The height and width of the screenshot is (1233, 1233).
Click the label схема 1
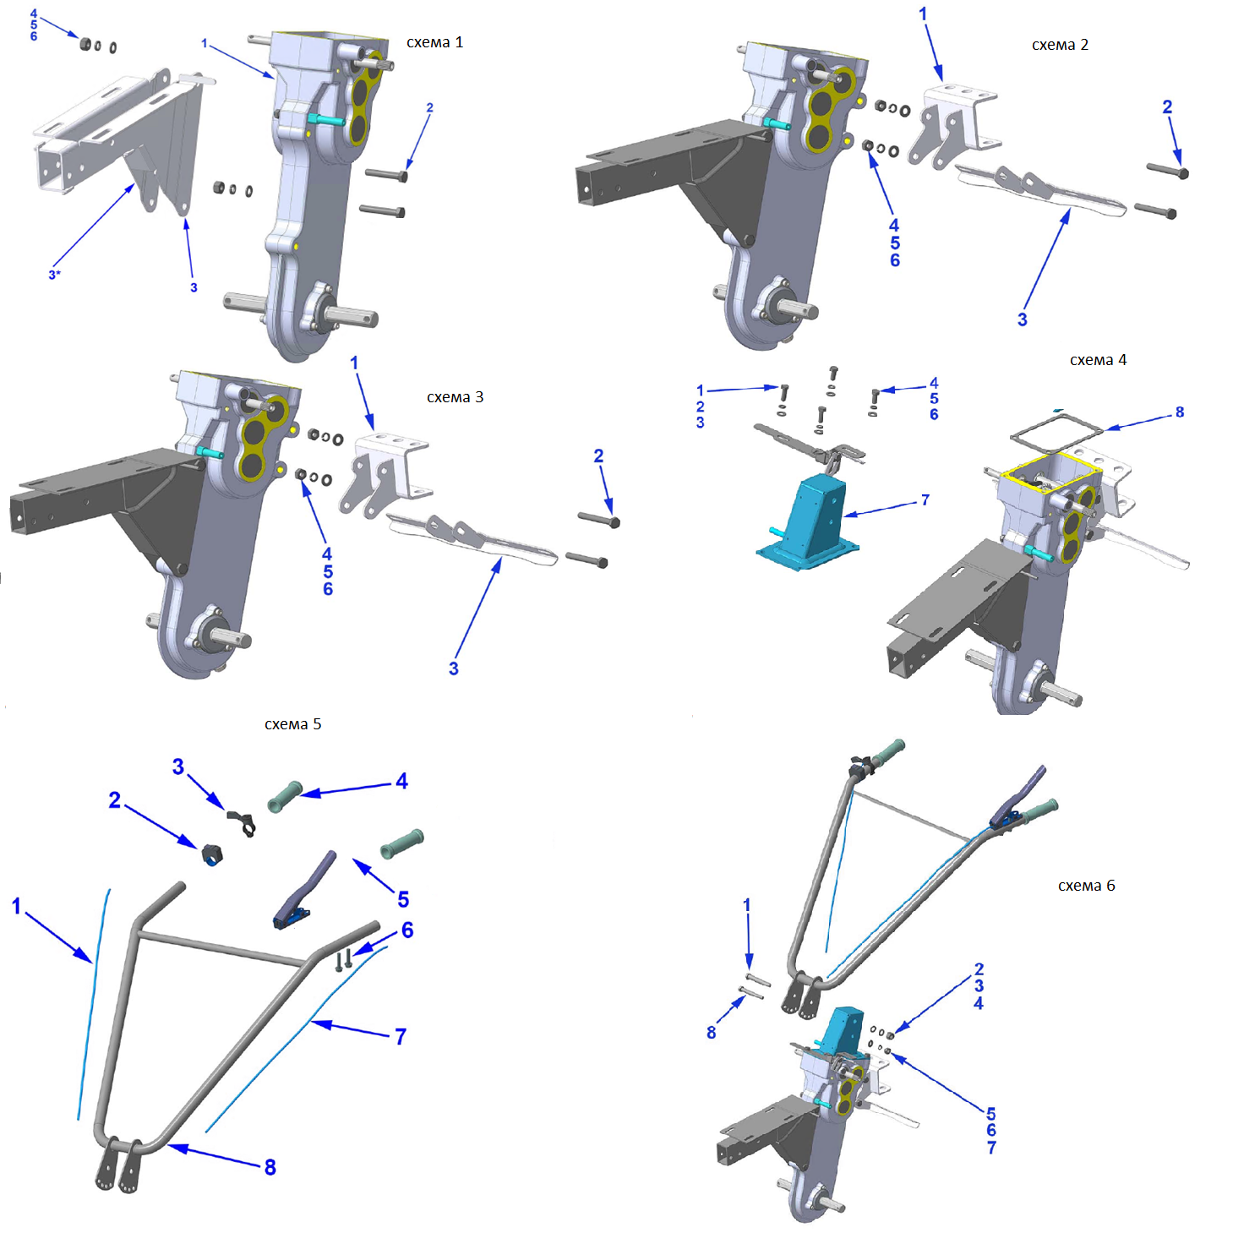(x=434, y=42)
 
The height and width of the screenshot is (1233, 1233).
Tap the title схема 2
(x=1060, y=45)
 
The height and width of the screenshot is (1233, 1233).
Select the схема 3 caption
(x=455, y=397)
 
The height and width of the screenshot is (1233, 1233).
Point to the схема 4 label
(x=1098, y=360)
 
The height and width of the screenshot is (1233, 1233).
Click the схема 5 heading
(x=292, y=724)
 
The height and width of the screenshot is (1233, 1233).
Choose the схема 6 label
(x=1086, y=886)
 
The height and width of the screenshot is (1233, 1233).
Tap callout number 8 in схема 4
(x=1180, y=412)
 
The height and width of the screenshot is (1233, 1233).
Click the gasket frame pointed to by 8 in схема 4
(x=1056, y=434)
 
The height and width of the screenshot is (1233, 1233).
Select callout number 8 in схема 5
(x=270, y=1167)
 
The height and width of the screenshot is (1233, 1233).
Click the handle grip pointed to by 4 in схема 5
(x=286, y=797)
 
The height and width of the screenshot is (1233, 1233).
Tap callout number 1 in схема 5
(x=16, y=906)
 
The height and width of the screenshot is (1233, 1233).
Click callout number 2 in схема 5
(x=115, y=799)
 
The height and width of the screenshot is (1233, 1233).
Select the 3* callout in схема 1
(x=54, y=275)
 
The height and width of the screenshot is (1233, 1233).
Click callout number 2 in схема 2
(x=1167, y=107)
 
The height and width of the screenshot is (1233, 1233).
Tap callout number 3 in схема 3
(x=454, y=668)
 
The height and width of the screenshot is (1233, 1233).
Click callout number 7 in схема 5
(x=401, y=1036)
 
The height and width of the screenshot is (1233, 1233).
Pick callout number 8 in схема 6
(x=712, y=1032)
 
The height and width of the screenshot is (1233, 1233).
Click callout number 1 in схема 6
(x=746, y=905)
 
